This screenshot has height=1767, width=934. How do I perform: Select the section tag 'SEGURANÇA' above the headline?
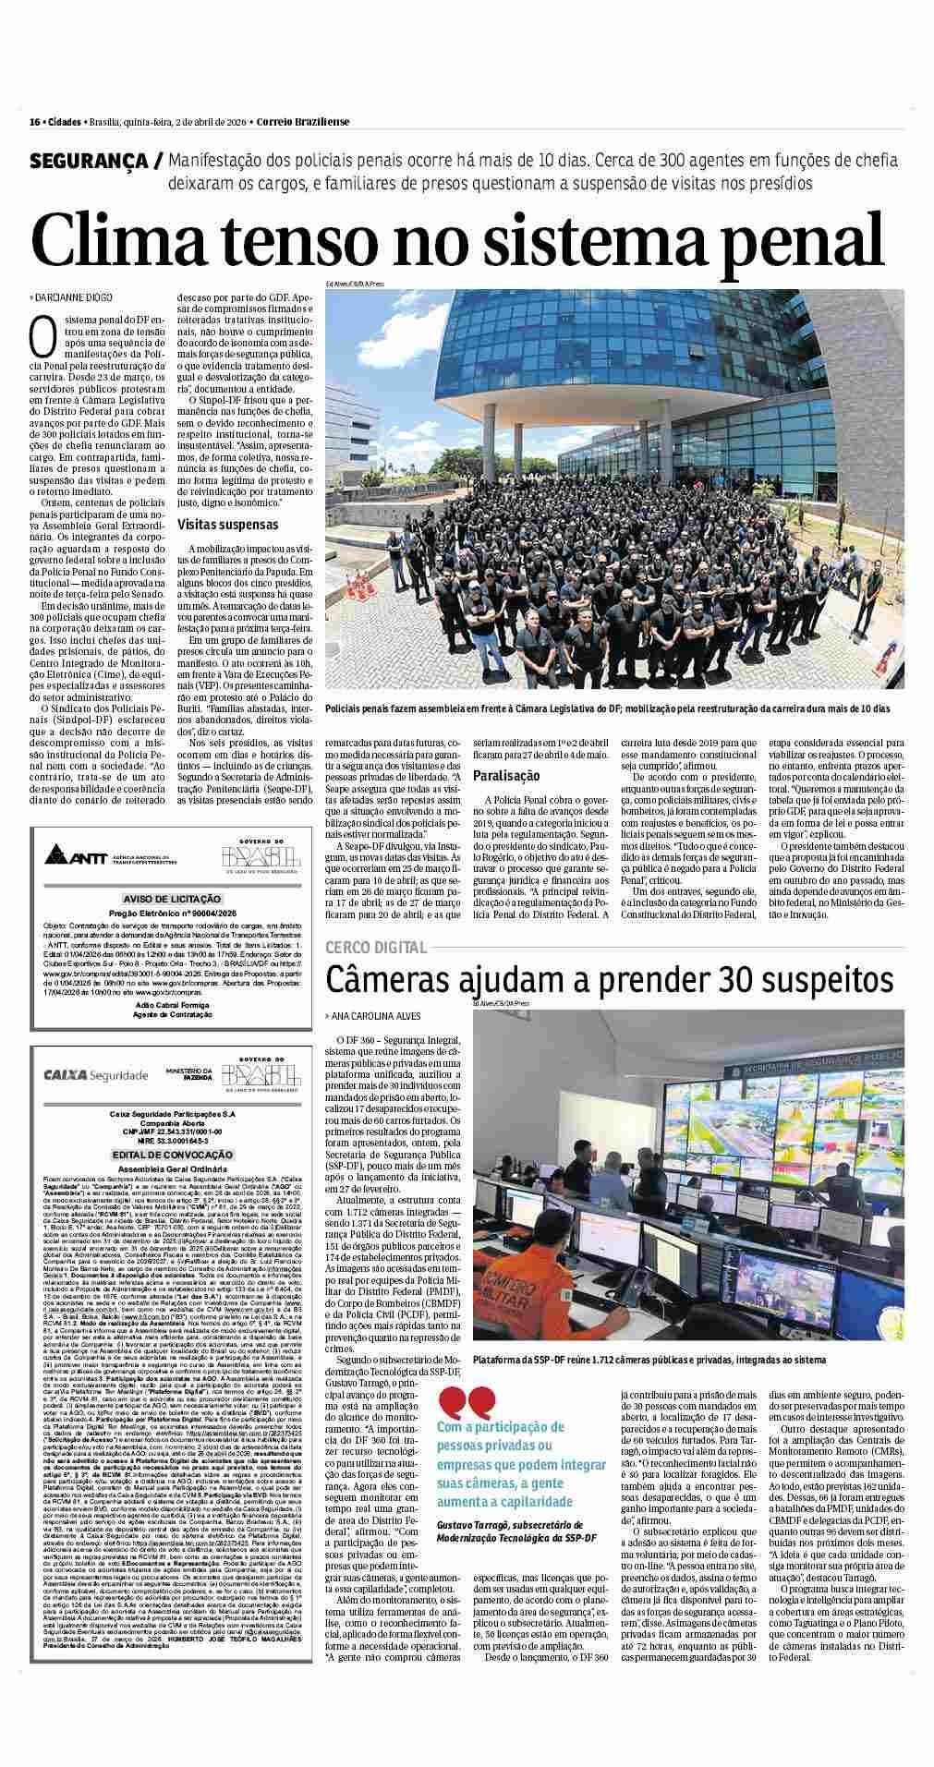pos(91,161)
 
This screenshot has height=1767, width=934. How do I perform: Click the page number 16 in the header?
pos(33,123)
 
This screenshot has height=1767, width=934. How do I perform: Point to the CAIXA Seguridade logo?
pos(95,1074)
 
